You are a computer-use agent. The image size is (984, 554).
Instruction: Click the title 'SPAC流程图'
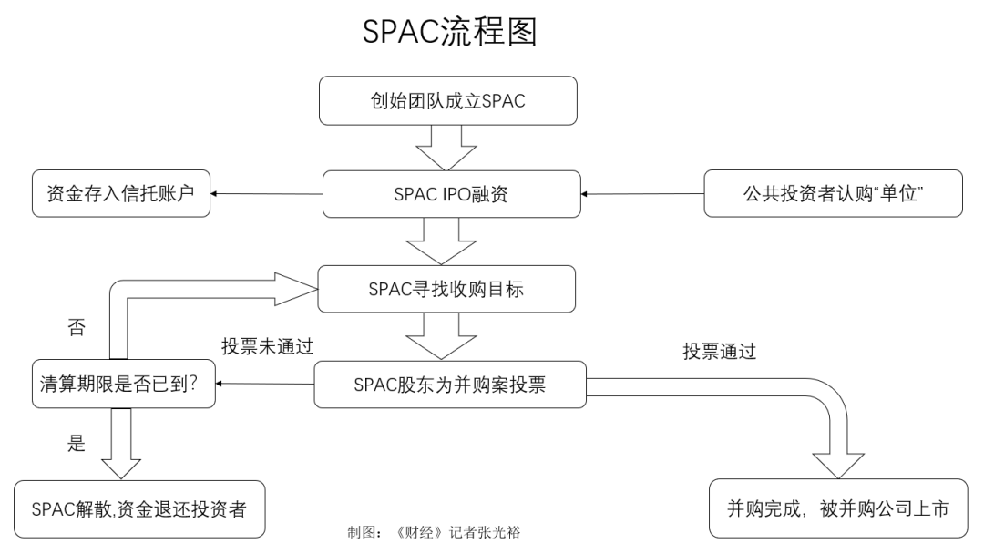pyautogui.click(x=450, y=32)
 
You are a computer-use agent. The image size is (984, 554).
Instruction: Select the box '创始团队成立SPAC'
pyautogui.click(x=449, y=100)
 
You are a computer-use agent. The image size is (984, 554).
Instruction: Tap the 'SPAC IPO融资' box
pyautogui.click(x=451, y=193)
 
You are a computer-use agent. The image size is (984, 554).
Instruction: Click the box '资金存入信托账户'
pyautogui.click(x=120, y=193)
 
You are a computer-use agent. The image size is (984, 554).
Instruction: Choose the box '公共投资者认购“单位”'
pyautogui.click(x=833, y=193)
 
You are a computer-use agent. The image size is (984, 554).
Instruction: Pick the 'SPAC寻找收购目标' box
pyautogui.click(x=446, y=290)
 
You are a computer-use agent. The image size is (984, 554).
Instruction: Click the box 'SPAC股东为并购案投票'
pyautogui.click(x=449, y=385)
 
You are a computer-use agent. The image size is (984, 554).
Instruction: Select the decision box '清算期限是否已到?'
pyautogui.click(x=122, y=385)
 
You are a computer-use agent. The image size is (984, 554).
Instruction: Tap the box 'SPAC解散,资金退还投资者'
pyautogui.click(x=140, y=508)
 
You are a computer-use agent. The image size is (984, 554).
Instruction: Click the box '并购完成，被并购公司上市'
pyautogui.click(x=838, y=508)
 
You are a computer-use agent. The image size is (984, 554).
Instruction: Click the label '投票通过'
pyautogui.click(x=720, y=351)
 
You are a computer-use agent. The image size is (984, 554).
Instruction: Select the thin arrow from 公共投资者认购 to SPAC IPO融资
pyautogui.click(x=642, y=193)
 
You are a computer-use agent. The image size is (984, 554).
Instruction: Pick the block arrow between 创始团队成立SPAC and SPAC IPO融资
pyautogui.click(x=440, y=146)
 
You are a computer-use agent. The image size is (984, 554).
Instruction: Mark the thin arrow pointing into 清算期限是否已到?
pyautogui.click(x=265, y=385)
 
